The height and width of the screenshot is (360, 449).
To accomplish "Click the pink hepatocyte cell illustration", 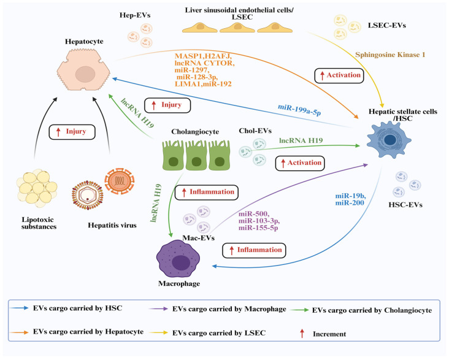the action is [83, 69].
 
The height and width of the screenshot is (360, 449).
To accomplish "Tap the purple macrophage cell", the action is [178, 261].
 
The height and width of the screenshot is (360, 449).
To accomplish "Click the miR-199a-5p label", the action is [299, 110].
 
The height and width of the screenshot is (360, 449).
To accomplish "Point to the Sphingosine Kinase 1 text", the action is [390, 55].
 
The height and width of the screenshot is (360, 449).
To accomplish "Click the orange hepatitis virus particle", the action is [120, 180].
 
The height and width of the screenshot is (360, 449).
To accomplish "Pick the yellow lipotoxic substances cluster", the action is [37, 188].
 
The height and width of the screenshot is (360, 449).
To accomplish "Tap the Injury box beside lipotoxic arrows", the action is [72, 132].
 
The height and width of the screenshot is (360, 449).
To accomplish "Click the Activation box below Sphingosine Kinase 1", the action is [339, 75].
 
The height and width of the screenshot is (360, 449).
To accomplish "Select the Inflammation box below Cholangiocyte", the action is [207, 192].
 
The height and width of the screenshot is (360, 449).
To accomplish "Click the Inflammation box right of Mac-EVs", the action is [254, 250].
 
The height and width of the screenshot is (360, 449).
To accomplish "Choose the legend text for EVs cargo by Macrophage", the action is [229, 309].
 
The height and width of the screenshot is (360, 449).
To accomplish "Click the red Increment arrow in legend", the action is [302, 334].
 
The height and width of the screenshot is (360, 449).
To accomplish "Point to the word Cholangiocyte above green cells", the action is [195, 132].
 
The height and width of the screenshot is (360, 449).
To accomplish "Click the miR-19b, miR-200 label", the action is [350, 199].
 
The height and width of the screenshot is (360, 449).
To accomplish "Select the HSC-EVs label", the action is [405, 205].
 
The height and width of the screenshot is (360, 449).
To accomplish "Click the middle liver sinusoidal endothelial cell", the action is [237, 28].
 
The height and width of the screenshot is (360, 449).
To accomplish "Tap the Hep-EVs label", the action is [135, 15].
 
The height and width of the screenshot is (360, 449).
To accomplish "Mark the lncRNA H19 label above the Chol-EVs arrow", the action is [301, 140].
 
